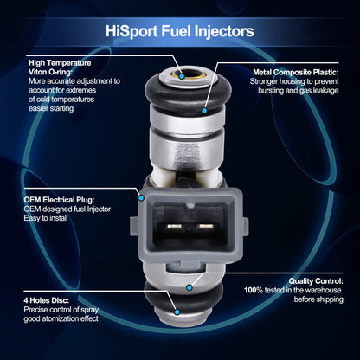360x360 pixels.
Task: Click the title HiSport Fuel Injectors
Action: (x=179, y=31)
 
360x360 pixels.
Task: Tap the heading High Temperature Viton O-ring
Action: (x=60, y=67)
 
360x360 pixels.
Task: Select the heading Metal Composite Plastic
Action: (x=296, y=72)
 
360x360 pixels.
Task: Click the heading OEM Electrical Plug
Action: (x=59, y=200)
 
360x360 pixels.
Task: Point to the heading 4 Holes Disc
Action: (x=47, y=300)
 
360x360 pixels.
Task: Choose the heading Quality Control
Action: (x=316, y=280)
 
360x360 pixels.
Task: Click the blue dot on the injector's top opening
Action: (x=182, y=76)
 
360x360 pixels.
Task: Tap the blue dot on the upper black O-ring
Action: (x=204, y=111)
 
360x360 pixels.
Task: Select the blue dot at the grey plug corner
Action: (x=141, y=198)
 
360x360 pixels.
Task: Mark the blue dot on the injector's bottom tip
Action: (x=177, y=312)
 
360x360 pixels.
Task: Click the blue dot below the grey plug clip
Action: (x=190, y=287)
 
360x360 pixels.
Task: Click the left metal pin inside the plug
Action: (x=174, y=227)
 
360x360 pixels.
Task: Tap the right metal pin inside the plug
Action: (x=205, y=227)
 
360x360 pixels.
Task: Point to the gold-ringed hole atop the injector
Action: (x=189, y=75)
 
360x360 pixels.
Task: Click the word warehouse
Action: (x=323, y=290)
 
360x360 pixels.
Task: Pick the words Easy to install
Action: (x=46, y=218)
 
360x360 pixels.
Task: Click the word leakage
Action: (x=325, y=91)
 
